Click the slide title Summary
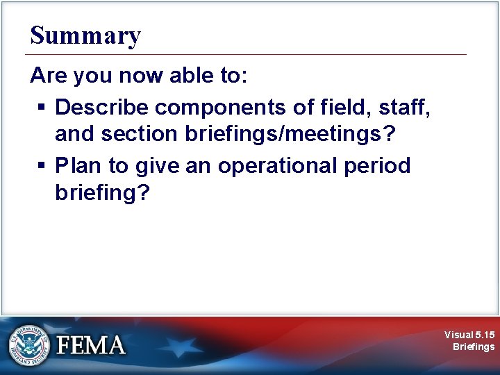coord(85,35)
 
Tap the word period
coord(378,166)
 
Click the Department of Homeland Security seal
coord(29,345)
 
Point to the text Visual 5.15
coord(470,335)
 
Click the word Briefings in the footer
coord(474,347)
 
